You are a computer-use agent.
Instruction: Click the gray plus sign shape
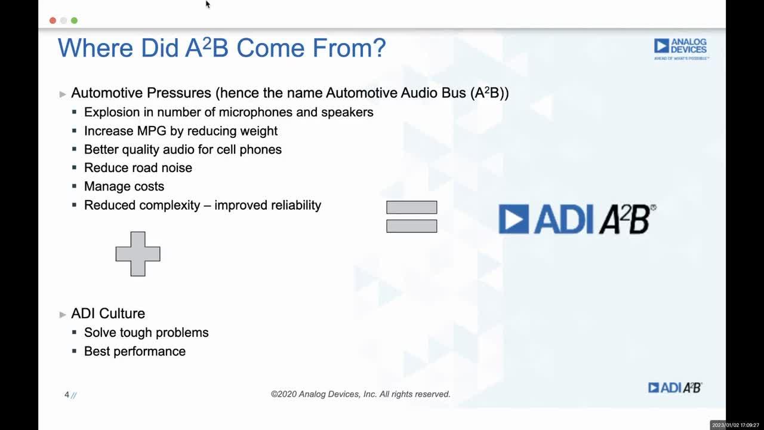138,254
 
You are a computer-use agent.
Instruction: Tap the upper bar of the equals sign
411,207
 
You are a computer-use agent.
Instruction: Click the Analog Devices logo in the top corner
680,48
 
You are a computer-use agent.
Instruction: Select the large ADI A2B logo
577,219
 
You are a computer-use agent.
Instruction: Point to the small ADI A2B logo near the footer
675,388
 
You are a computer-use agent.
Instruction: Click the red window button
53,20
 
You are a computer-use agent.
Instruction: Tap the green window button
74,20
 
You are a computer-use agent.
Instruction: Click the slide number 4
67,395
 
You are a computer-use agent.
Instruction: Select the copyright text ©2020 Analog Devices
361,394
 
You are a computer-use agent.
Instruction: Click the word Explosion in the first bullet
110,112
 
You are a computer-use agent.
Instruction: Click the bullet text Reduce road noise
138,168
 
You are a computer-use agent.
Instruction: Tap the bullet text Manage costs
124,186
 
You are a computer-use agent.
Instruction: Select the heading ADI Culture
108,314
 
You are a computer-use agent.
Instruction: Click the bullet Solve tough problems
146,333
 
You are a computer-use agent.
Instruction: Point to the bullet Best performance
135,351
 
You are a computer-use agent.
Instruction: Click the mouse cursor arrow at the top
208,4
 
